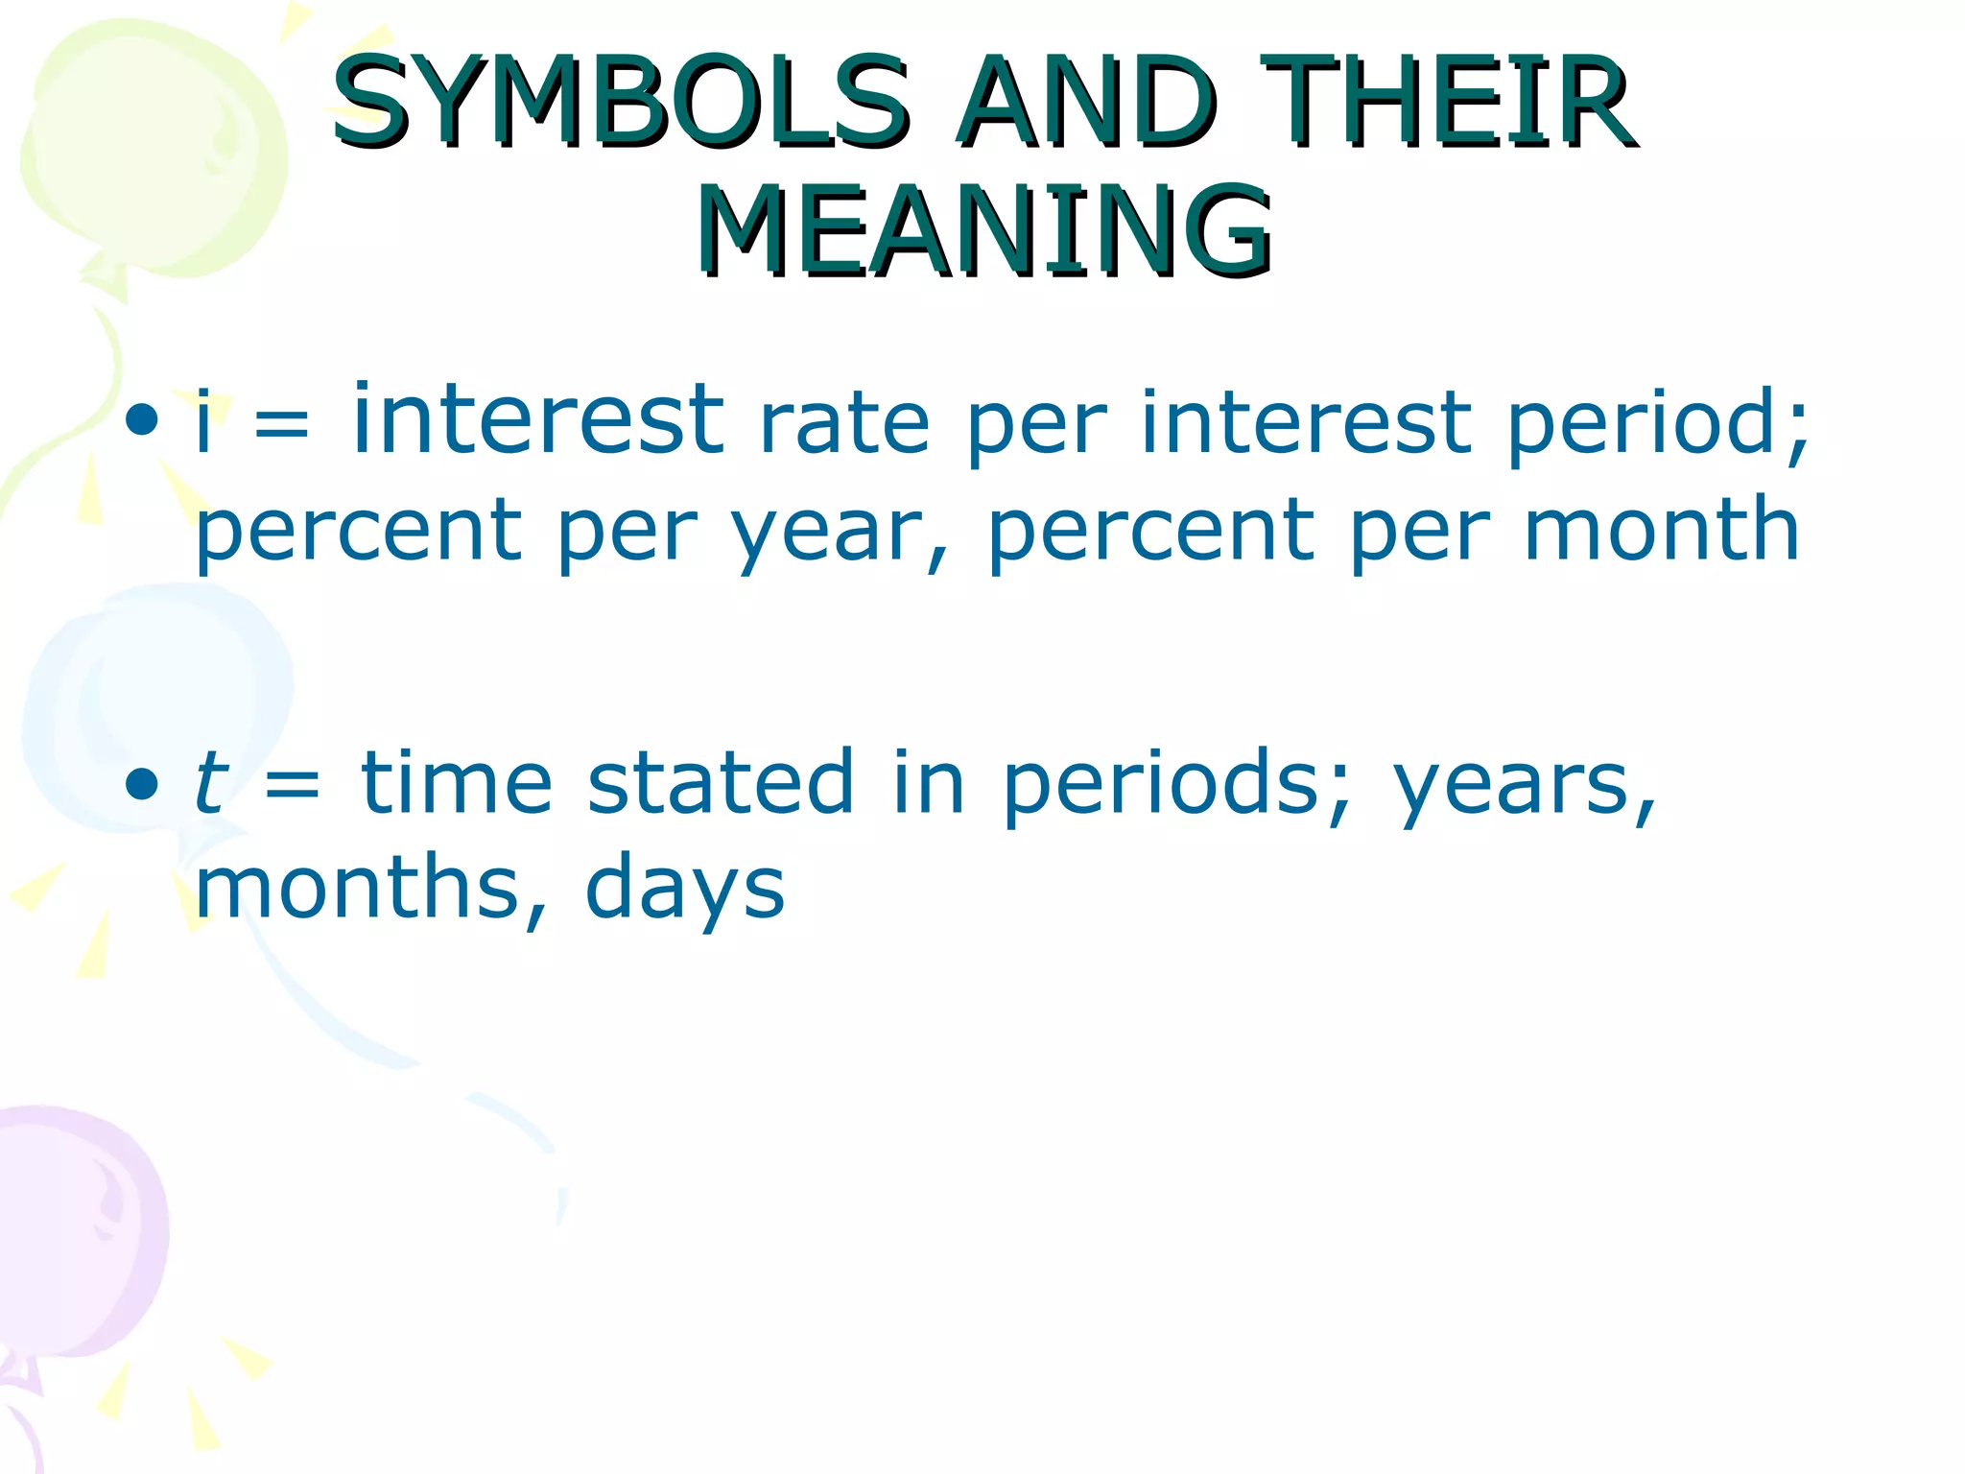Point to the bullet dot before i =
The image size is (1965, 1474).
142,418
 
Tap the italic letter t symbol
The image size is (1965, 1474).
210,782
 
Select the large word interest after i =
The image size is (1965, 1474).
537,418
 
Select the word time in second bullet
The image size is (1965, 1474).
457,782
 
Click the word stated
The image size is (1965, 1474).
720,782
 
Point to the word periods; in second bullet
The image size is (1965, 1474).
1176,785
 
